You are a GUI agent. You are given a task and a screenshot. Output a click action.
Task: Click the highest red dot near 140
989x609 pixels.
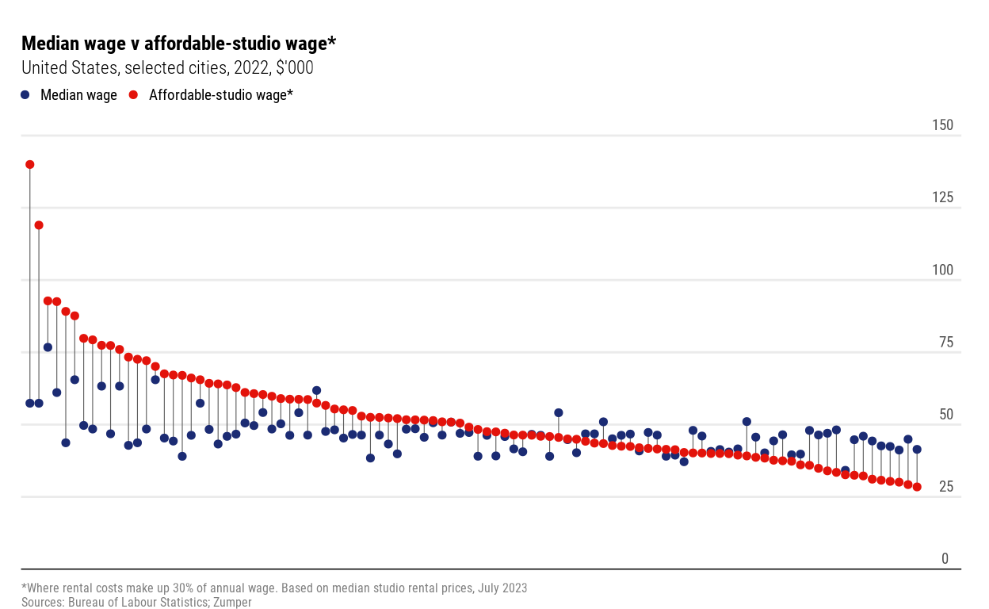(x=30, y=165)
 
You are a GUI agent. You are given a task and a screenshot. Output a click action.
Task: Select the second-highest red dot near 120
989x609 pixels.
(x=39, y=225)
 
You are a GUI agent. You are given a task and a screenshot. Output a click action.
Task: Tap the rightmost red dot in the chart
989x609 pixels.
(x=917, y=487)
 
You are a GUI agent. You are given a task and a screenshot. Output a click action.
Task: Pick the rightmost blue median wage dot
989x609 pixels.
(x=917, y=450)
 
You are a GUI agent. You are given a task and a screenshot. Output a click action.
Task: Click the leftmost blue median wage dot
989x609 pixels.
(x=30, y=403)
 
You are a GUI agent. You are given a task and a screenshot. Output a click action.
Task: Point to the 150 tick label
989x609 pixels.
(x=942, y=125)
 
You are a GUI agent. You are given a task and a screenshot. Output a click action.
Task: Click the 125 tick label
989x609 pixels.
(x=942, y=197)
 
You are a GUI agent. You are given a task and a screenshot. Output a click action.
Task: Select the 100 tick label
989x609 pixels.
(x=942, y=270)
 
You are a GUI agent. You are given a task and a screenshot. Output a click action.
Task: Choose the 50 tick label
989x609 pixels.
(x=945, y=414)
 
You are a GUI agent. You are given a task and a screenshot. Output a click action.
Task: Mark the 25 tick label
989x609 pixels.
(x=945, y=486)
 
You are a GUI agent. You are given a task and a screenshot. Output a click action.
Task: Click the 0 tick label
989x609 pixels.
(x=945, y=558)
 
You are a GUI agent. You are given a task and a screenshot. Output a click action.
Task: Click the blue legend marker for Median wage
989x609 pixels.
(x=25, y=95)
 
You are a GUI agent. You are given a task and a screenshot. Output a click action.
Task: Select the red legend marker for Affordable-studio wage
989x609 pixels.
(x=133, y=95)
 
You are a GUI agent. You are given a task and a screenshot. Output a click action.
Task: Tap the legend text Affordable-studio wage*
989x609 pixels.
(x=221, y=95)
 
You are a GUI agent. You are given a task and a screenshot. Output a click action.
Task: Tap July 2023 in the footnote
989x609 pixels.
(x=501, y=588)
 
